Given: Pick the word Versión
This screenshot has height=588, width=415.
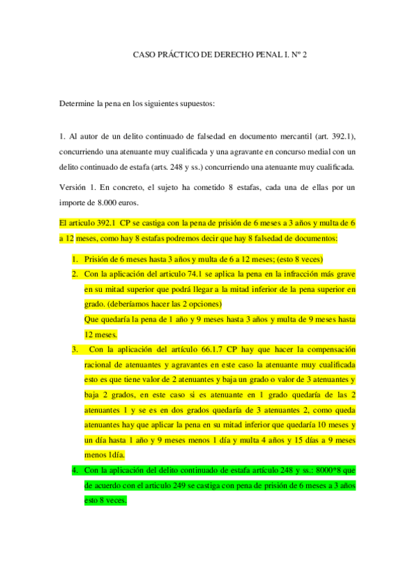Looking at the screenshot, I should pos(75,187).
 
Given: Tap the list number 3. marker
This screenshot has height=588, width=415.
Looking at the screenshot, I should pos(75,349).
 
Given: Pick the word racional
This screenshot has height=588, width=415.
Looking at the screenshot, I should pos(100,364).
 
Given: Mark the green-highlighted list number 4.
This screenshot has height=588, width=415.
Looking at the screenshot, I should pos(75,470).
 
